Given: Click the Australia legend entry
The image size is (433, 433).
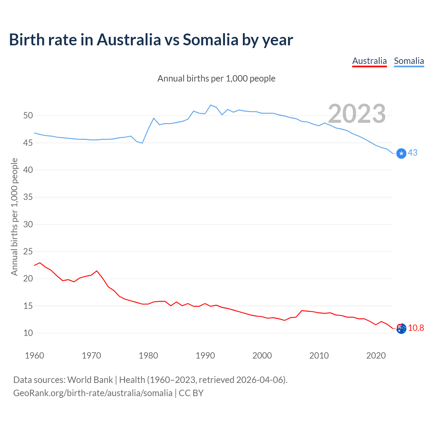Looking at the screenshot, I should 369,61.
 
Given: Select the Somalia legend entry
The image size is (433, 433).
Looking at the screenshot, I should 409,61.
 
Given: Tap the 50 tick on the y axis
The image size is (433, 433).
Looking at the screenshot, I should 28,116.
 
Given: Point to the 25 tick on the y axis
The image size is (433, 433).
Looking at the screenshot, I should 28,252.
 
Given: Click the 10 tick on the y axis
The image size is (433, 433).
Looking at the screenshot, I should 28,333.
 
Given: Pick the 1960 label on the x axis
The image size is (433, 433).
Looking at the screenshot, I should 35,356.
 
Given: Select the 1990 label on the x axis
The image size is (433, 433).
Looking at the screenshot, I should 205,356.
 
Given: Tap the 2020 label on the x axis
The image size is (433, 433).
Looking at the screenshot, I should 376,356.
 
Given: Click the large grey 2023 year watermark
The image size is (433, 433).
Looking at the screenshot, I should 357,114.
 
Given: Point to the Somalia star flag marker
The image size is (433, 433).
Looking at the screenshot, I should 401,154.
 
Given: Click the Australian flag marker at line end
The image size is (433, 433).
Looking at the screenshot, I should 401,328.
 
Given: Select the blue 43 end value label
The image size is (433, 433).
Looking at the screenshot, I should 413,153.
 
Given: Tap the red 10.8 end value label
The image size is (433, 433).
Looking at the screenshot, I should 416,328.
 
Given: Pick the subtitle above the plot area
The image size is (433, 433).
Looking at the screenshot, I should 216,78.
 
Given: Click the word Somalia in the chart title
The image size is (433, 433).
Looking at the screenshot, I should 211,40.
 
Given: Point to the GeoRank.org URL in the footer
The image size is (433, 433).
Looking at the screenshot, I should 93,393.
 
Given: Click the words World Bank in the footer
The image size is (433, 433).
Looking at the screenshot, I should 90,380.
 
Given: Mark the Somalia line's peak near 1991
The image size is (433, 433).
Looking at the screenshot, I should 211,105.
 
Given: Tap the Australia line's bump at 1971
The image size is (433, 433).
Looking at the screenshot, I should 97,271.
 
